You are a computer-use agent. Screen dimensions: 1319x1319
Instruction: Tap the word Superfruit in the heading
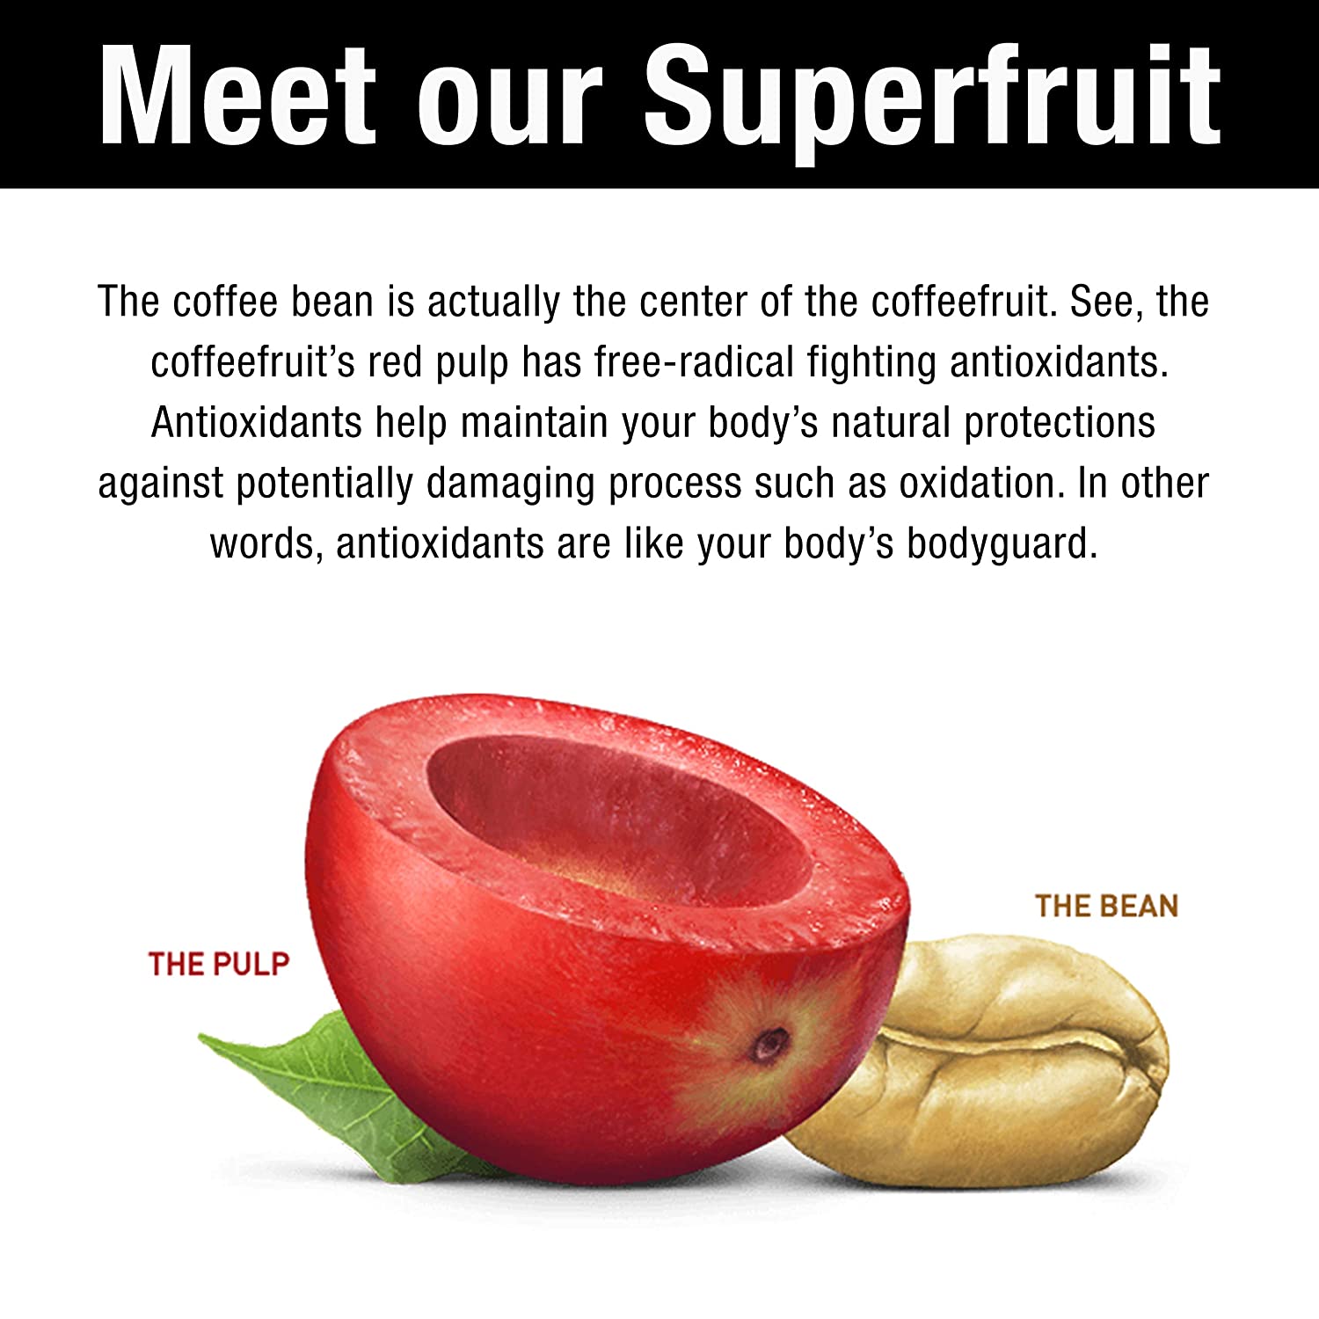point(933,101)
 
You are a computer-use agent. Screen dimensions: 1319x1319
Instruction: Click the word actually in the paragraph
point(493,303)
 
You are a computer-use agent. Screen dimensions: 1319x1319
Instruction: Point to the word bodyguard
point(1002,545)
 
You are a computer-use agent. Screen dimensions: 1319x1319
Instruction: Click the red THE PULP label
point(219,964)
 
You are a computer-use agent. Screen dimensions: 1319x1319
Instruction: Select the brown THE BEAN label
point(1106,906)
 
